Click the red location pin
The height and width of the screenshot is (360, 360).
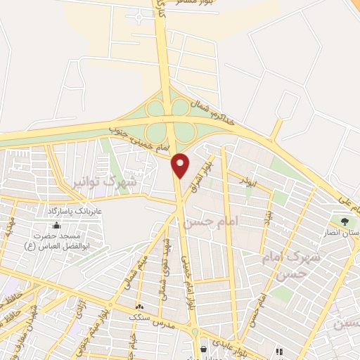coord(181,165)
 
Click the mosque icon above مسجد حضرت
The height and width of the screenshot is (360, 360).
coord(56,226)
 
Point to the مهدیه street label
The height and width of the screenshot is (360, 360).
coord(9,229)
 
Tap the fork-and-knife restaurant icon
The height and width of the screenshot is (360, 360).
coord(280,351)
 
